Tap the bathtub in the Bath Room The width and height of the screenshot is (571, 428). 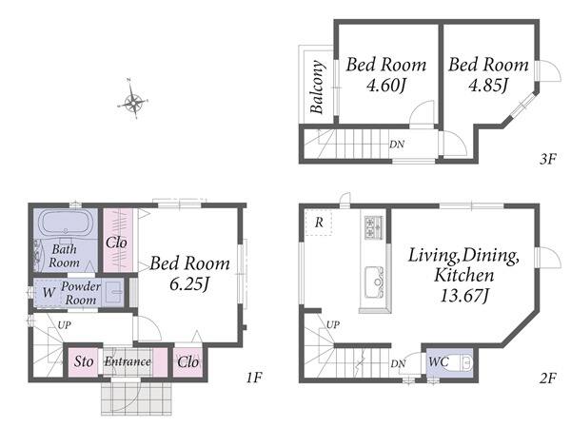pos(66,223)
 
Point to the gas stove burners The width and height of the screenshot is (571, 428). pos(374,227)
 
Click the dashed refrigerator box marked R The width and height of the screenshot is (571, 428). pos(318,223)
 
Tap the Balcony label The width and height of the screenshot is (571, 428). pos(317,87)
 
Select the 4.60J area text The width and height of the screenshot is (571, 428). pos(386,86)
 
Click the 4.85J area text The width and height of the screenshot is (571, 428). pos(488,86)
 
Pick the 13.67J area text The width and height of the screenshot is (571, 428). pos(464,296)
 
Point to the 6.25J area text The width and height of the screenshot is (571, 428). pos(189,283)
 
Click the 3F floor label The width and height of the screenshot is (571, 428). pos(548,159)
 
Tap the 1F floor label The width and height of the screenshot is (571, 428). pos(254,378)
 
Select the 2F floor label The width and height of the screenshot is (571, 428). pos(548,379)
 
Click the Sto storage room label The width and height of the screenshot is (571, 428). pos(84,361)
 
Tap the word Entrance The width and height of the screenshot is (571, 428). pos(128,361)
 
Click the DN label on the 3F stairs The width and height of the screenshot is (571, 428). pos(397,145)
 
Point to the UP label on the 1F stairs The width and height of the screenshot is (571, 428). pos(65,325)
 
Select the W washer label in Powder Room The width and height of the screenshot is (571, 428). pos(49,292)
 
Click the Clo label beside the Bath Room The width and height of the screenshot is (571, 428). pos(116,243)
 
